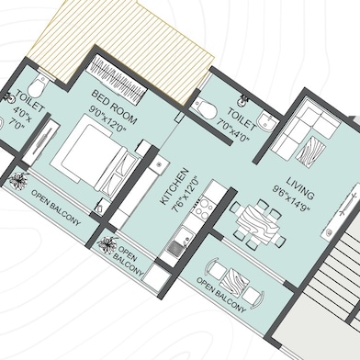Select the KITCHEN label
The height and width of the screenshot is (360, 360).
click(x=174, y=186)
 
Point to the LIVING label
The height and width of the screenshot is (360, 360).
click(x=300, y=187)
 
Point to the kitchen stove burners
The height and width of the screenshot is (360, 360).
click(x=203, y=208)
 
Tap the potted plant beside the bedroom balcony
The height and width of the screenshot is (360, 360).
click(x=19, y=181)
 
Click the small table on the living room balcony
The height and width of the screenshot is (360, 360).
click(x=235, y=282)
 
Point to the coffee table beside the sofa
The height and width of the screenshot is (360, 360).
click(x=311, y=152)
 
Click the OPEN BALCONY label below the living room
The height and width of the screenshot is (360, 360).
click(x=221, y=295)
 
